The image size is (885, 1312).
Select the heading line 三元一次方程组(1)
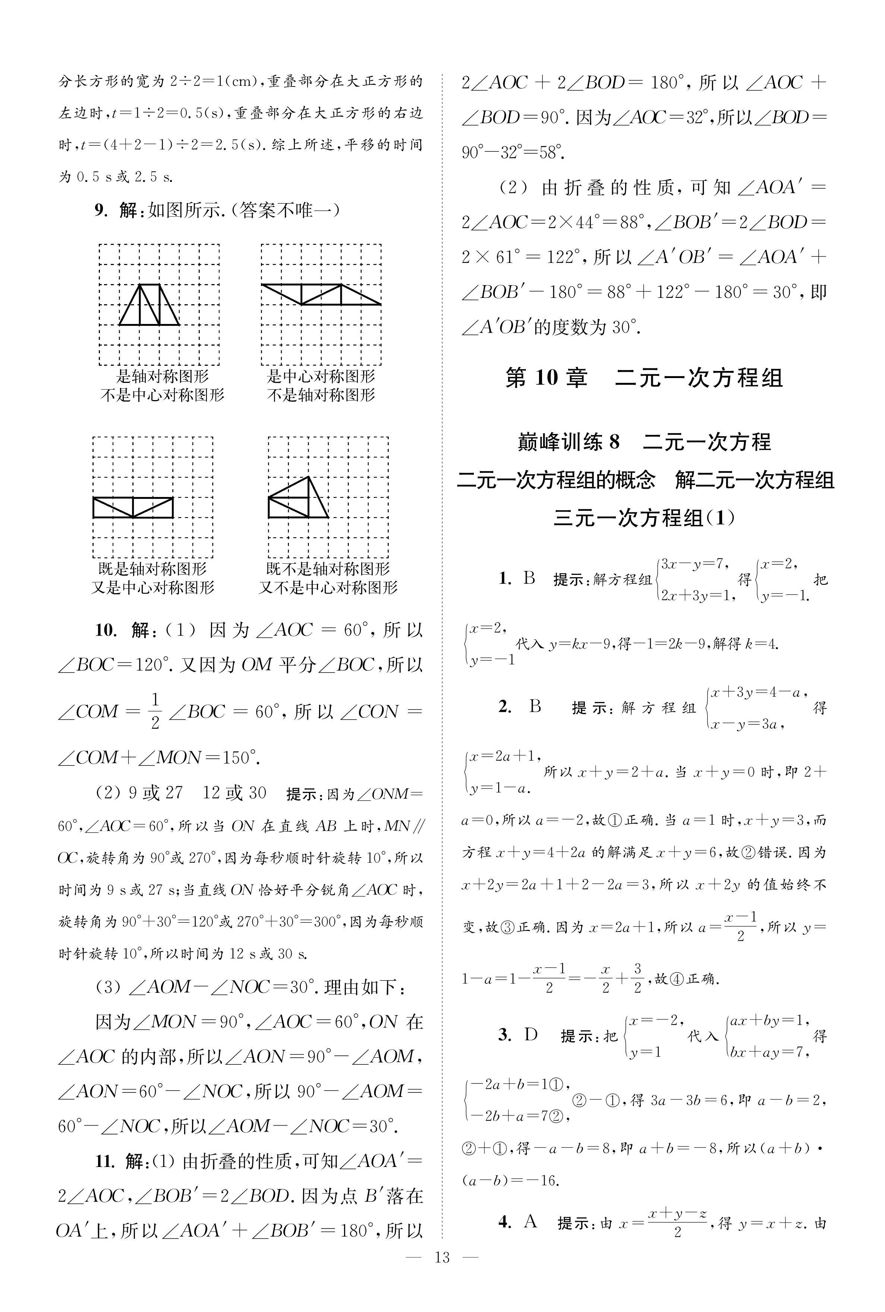click(644, 517)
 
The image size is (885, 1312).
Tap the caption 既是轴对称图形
click(152, 568)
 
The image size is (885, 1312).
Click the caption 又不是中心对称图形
click(328, 588)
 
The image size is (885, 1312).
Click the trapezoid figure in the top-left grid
click(149, 305)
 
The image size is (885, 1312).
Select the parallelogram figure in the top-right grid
click(321, 295)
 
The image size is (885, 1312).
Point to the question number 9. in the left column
click(100, 211)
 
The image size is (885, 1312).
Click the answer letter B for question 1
click(529, 578)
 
